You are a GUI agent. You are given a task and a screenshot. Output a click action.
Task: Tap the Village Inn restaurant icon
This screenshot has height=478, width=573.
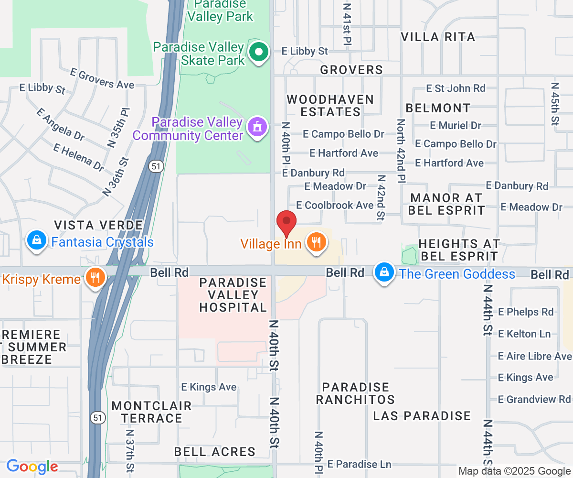coord(315,242)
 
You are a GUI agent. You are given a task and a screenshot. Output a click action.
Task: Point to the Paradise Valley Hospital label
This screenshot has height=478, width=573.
coord(233,295)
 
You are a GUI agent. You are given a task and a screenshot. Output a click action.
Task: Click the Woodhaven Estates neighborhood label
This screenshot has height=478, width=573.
coord(330,106)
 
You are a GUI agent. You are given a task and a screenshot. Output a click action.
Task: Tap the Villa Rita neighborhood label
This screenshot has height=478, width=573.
coord(438,37)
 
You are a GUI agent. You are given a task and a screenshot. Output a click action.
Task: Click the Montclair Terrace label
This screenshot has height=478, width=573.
coord(151,412)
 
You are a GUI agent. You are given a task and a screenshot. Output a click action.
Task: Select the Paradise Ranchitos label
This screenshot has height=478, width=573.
coord(355,393)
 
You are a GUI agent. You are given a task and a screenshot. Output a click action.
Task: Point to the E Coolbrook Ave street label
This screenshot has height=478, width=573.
coord(335,205)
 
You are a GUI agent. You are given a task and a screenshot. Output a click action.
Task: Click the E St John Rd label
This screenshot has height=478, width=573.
coord(456,88)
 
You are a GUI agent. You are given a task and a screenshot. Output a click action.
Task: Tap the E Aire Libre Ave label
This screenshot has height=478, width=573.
coord(534,356)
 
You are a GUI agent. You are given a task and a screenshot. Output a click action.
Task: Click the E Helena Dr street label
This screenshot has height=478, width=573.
coord(79,157)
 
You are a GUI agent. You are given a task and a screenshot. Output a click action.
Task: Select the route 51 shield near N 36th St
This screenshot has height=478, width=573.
coord(156,166)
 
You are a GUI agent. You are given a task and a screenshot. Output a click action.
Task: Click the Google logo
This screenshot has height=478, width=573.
coord(32,466)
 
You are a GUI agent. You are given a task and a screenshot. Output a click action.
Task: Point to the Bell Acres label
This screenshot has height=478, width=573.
coord(214,451)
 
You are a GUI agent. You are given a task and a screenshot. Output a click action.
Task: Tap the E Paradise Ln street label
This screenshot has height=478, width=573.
coord(360,464)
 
